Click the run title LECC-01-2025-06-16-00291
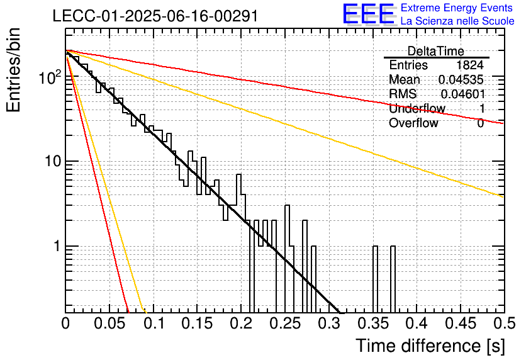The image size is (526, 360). (155, 16)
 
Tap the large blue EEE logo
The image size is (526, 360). (368, 14)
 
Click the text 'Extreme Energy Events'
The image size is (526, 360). (457, 8)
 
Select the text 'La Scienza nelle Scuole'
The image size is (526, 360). (457, 21)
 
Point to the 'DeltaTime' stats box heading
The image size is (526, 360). (436, 51)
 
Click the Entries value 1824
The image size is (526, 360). (469, 65)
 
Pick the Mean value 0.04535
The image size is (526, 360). (461, 79)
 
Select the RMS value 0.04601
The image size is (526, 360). (463, 94)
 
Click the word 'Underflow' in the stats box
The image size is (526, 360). (417, 108)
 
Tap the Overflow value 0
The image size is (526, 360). (480, 123)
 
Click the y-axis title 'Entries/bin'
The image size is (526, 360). (13, 70)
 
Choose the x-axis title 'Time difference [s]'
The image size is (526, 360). (430, 346)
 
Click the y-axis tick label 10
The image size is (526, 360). (53, 161)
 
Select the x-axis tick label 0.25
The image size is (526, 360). (285, 323)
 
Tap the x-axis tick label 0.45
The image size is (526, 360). (461, 323)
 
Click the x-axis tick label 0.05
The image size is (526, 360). (109, 323)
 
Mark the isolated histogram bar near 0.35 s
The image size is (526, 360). (376, 279)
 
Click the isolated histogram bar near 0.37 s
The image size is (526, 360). (393, 279)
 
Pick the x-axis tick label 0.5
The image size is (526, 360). (504, 323)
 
